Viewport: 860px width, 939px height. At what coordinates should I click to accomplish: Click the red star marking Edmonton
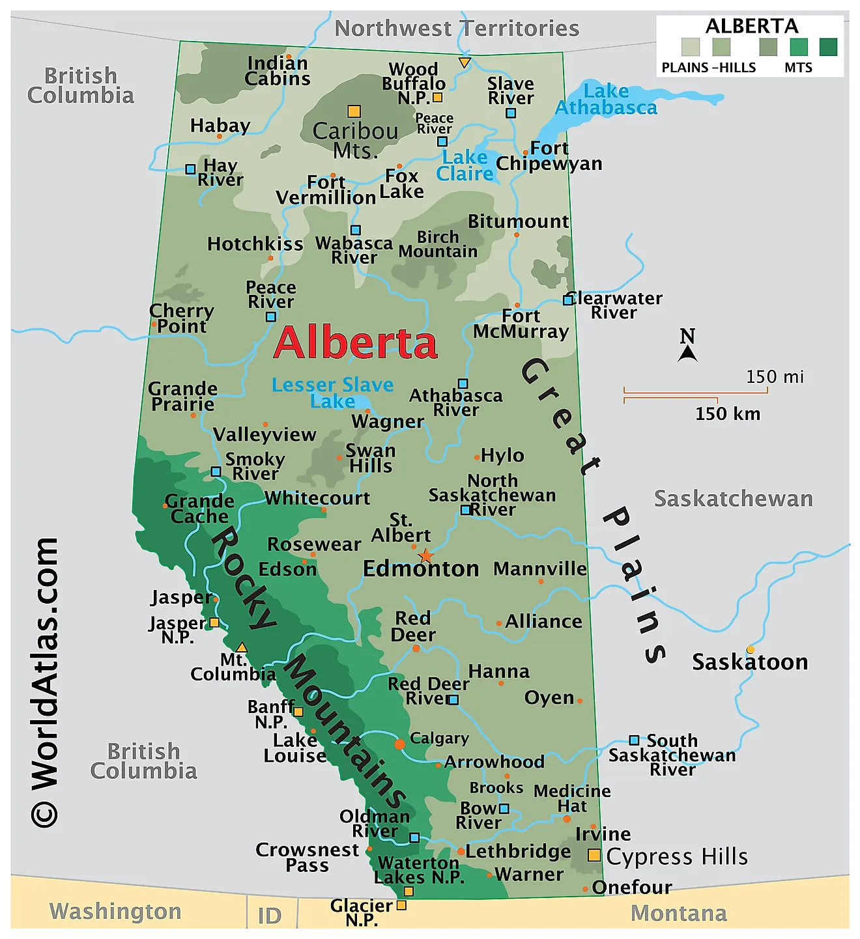click(x=425, y=555)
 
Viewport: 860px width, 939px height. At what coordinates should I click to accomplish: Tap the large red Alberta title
click(x=355, y=343)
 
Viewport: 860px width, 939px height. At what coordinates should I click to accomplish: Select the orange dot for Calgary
click(x=399, y=744)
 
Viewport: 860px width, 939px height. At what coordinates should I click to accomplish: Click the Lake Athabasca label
click(x=606, y=100)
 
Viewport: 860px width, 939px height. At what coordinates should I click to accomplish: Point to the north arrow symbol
click(x=687, y=352)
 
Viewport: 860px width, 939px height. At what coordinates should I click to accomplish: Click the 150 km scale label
click(x=727, y=413)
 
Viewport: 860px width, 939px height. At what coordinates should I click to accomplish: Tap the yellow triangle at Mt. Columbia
click(x=242, y=647)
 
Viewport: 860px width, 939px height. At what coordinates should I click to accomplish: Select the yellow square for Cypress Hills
click(x=594, y=855)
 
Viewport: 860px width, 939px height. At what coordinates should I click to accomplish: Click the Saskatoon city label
click(x=749, y=662)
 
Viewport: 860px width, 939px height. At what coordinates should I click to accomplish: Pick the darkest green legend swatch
click(x=828, y=47)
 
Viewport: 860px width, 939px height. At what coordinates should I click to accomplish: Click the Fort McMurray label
click(x=521, y=324)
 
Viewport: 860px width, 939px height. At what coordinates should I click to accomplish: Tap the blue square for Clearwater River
click(x=568, y=300)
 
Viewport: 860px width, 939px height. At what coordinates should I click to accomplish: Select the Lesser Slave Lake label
click(x=332, y=393)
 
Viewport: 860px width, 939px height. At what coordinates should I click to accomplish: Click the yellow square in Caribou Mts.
click(x=354, y=111)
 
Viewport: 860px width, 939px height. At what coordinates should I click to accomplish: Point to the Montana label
click(x=678, y=913)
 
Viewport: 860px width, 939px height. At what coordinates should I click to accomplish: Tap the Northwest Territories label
click(x=456, y=29)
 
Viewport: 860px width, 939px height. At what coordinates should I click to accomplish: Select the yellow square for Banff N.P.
click(x=298, y=712)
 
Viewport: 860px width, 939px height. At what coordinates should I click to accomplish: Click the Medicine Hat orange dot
click(x=566, y=819)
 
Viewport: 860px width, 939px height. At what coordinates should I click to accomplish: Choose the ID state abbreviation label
click(x=269, y=916)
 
